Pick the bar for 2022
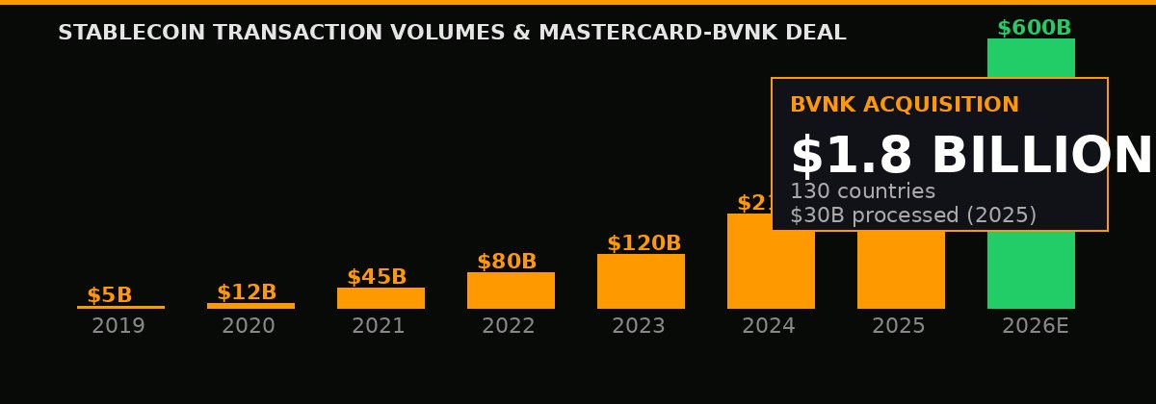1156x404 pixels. (511, 290)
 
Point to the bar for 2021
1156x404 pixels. (381, 298)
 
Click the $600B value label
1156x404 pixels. (1034, 29)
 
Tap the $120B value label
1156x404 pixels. (644, 244)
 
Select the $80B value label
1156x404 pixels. (507, 263)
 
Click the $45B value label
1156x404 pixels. (377, 278)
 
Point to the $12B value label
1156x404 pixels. (247, 293)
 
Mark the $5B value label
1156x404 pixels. (110, 296)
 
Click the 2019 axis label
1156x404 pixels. (118, 327)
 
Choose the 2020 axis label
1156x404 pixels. (249, 327)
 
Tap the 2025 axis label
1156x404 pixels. (899, 327)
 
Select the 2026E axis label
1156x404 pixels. (1035, 327)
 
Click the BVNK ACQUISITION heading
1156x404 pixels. (904, 106)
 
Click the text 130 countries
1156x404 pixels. (862, 192)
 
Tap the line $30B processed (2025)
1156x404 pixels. (912, 216)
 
